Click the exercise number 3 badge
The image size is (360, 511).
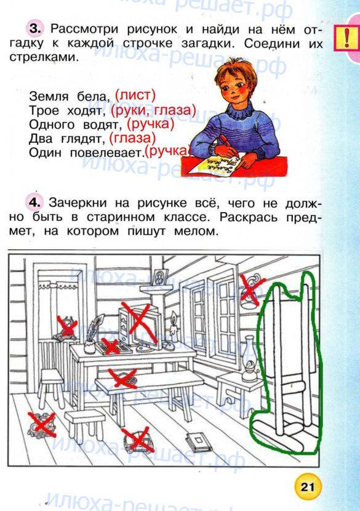click(35, 29)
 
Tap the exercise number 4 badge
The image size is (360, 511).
click(34, 203)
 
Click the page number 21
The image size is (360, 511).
click(308, 487)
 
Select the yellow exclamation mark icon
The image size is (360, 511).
click(346, 38)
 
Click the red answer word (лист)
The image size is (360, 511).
click(135, 95)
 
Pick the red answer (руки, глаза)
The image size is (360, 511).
click(153, 110)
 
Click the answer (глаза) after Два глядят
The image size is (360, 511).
click(132, 138)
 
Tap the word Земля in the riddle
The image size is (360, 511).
click(49, 97)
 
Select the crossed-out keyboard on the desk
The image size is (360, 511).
click(112, 347)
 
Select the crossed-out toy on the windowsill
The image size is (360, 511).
click(67, 328)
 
